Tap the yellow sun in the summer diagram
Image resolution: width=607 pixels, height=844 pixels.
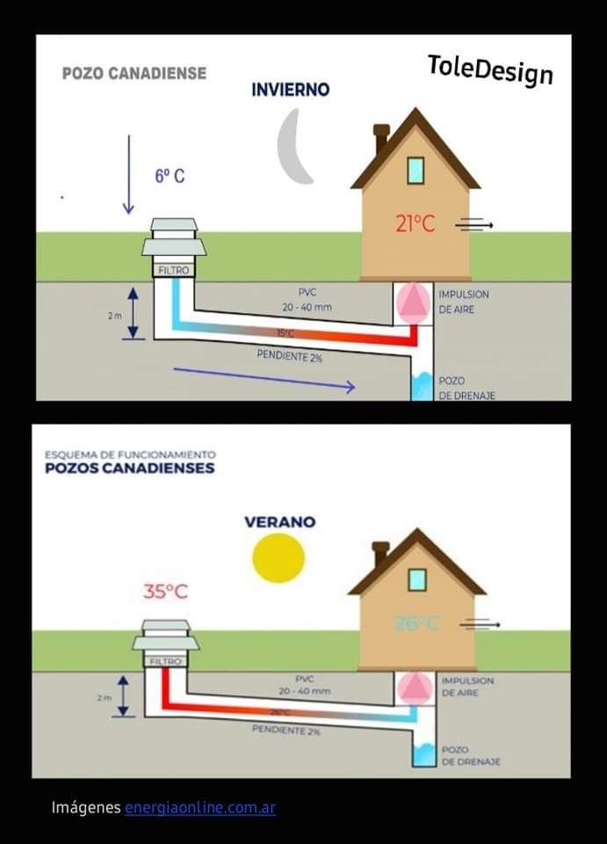pyautogui.click(x=278, y=557)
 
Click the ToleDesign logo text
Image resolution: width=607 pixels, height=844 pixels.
pyautogui.click(x=490, y=69)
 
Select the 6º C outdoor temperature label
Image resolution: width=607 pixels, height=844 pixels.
pyautogui.click(x=170, y=176)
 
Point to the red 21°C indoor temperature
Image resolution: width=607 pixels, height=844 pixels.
pyautogui.click(x=415, y=224)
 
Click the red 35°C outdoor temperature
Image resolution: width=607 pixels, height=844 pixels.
pyautogui.click(x=165, y=592)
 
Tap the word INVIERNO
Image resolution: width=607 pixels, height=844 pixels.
pyautogui.click(x=290, y=90)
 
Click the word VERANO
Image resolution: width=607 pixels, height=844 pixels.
pyautogui.click(x=279, y=521)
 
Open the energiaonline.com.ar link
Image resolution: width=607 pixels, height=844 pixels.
pyautogui.click(x=199, y=807)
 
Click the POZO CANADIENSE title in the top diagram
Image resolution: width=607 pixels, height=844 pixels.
pyautogui.click(x=134, y=74)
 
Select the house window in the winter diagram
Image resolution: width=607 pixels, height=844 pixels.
pyautogui.click(x=416, y=170)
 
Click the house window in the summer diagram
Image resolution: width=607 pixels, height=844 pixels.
pyautogui.click(x=416, y=578)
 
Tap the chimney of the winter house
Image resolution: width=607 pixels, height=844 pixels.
pyautogui.click(x=381, y=138)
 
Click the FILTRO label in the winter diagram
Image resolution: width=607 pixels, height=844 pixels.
pyautogui.click(x=173, y=271)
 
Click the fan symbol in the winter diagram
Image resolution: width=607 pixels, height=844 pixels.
pyautogui.click(x=413, y=301)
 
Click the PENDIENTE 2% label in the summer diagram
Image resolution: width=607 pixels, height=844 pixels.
pyautogui.click(x=285, y=730)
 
